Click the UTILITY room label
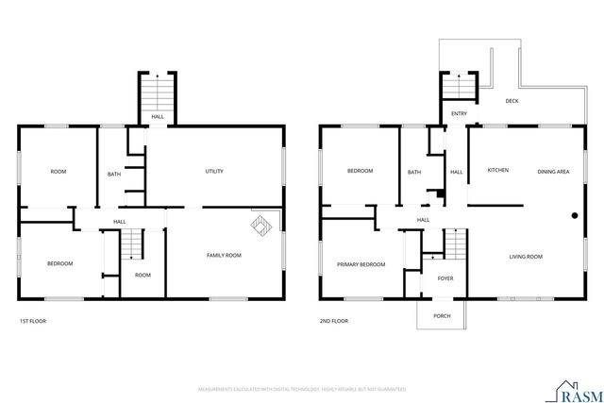point(214,171)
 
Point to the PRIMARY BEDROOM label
point(361,265)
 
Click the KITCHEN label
point(497,171)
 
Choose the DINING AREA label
point(552,171)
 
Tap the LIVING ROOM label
point(526,256)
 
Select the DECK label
point(512,101)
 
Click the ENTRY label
point(459,113)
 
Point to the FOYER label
point(445,278)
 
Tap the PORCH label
point(441,316)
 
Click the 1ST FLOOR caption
point(33,321)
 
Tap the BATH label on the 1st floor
point(114,174)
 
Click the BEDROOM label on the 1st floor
point(59,263)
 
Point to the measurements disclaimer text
point(301,388)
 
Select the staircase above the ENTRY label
point(459,88)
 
